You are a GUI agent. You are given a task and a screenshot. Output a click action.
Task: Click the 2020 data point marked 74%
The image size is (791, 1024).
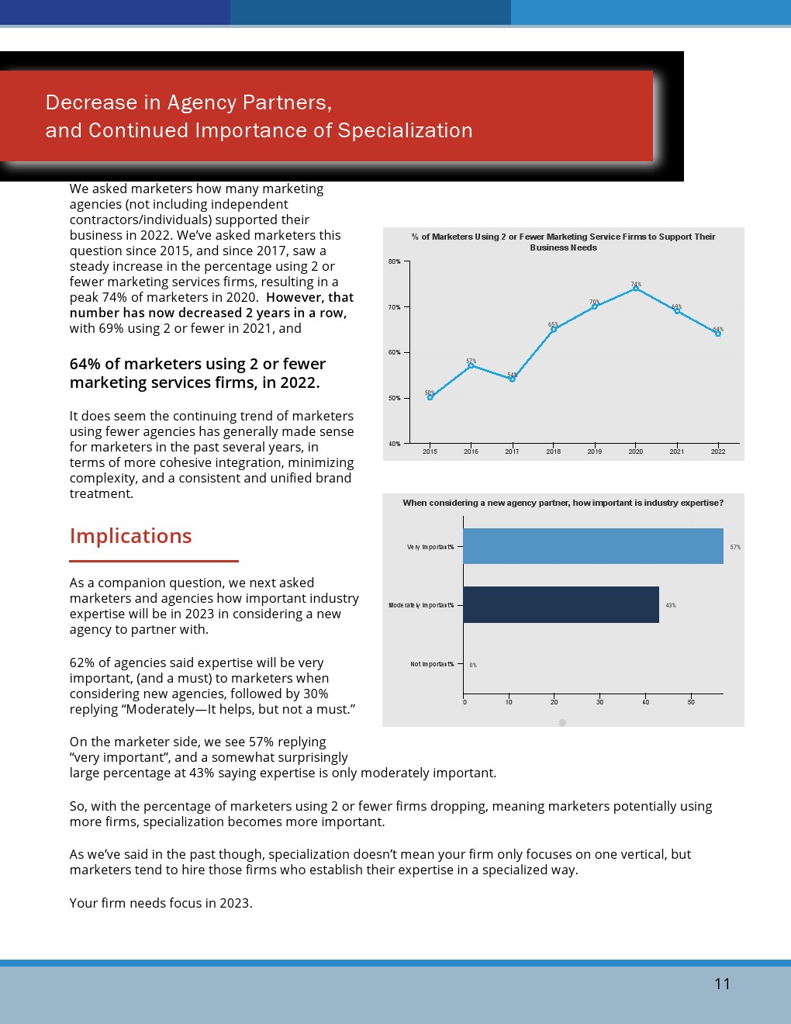(x=636, y=288)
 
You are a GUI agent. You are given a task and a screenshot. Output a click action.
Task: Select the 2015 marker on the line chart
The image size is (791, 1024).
(x=430, y=397)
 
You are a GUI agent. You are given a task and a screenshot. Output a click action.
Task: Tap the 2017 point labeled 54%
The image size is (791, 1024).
(x=512, y=379)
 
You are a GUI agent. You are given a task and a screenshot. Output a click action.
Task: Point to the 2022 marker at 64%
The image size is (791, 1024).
(x=718, y=334)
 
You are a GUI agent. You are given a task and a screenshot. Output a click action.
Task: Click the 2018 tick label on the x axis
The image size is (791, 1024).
(x=553, y=451)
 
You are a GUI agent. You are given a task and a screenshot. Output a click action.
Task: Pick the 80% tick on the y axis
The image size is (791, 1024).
(x=395, y=262)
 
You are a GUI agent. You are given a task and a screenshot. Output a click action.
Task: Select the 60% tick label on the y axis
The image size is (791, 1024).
(x=395, y=353)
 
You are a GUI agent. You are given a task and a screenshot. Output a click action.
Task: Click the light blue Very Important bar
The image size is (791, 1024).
(x=593, y=546)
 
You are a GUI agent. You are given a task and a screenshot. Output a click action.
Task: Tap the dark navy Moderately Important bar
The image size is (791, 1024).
(x=561, y=605)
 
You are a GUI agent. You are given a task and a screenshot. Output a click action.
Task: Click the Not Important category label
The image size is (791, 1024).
(x=432, y=664)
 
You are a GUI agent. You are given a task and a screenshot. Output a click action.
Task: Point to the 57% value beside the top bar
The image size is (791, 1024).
(x=735, y=547)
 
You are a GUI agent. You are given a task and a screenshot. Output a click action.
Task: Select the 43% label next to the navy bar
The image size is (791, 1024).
(x=671, y=605)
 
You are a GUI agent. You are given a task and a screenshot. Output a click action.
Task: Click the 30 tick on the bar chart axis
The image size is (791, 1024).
(x=599, y=702)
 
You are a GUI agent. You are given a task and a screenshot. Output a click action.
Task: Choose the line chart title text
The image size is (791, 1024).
(x=563, y=242)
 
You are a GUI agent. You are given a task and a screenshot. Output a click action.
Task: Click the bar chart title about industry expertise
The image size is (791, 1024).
(x=563, y=503)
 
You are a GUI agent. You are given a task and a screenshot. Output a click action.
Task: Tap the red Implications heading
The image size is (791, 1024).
(x=130, y=536)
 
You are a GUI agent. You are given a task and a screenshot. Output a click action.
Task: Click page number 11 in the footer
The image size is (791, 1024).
(x=722, y=984)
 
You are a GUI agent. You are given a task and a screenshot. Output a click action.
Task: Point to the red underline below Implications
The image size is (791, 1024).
(x=154, y=560)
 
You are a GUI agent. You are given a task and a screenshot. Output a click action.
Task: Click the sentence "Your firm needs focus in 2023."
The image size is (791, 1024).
(x=161, y=903)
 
